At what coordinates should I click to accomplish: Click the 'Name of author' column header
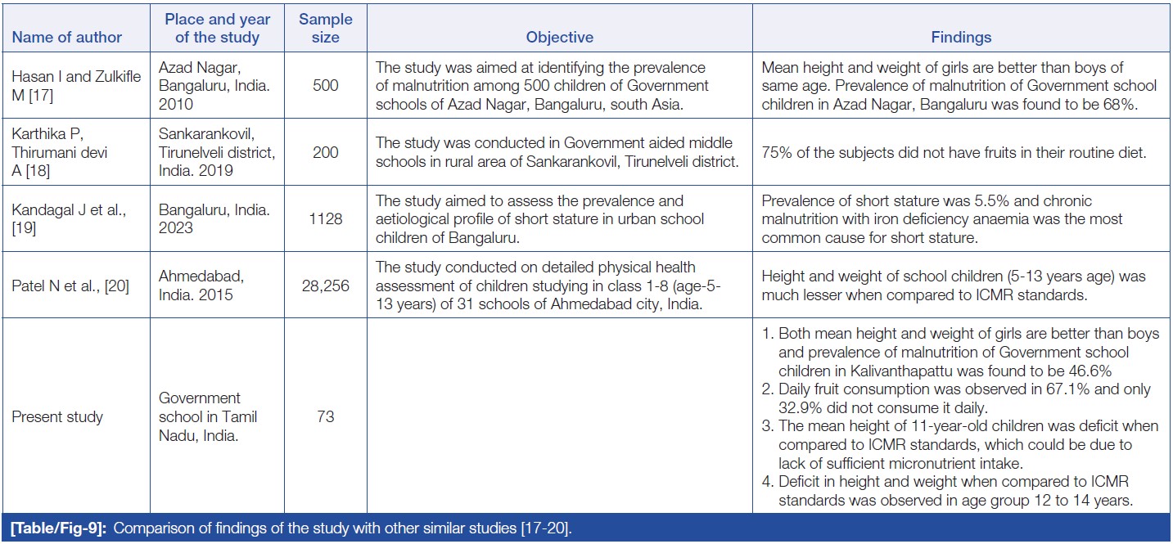click(67, 37)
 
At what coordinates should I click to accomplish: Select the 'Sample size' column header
click(325, 28)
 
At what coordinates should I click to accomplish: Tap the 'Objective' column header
click(559, 37)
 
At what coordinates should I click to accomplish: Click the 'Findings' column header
click(961, 37)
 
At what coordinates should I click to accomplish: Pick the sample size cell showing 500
click(325, 86)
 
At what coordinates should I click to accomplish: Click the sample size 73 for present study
click(325, 416)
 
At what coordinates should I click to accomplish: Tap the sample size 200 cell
click(325, 152)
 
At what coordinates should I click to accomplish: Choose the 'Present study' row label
click(57, 416)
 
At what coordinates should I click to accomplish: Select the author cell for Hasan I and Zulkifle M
click(76, 86)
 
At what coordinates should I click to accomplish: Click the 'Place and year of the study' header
click(217, 28)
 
